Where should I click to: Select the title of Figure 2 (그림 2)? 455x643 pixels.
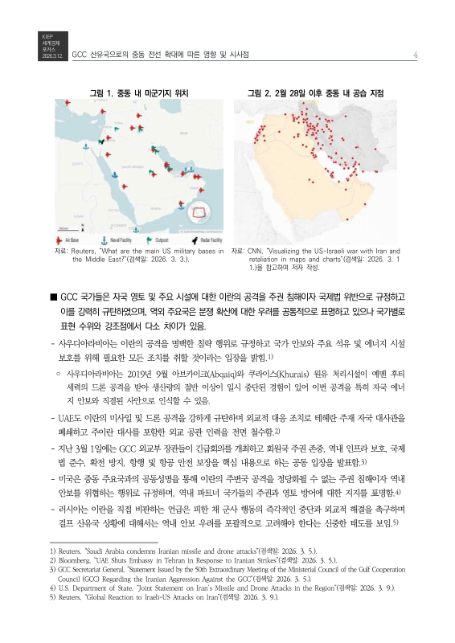(x=315, y=93)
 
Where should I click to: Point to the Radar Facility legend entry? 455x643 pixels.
(x=198, y=240)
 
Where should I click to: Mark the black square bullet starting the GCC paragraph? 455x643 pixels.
(x=53, y=297)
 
